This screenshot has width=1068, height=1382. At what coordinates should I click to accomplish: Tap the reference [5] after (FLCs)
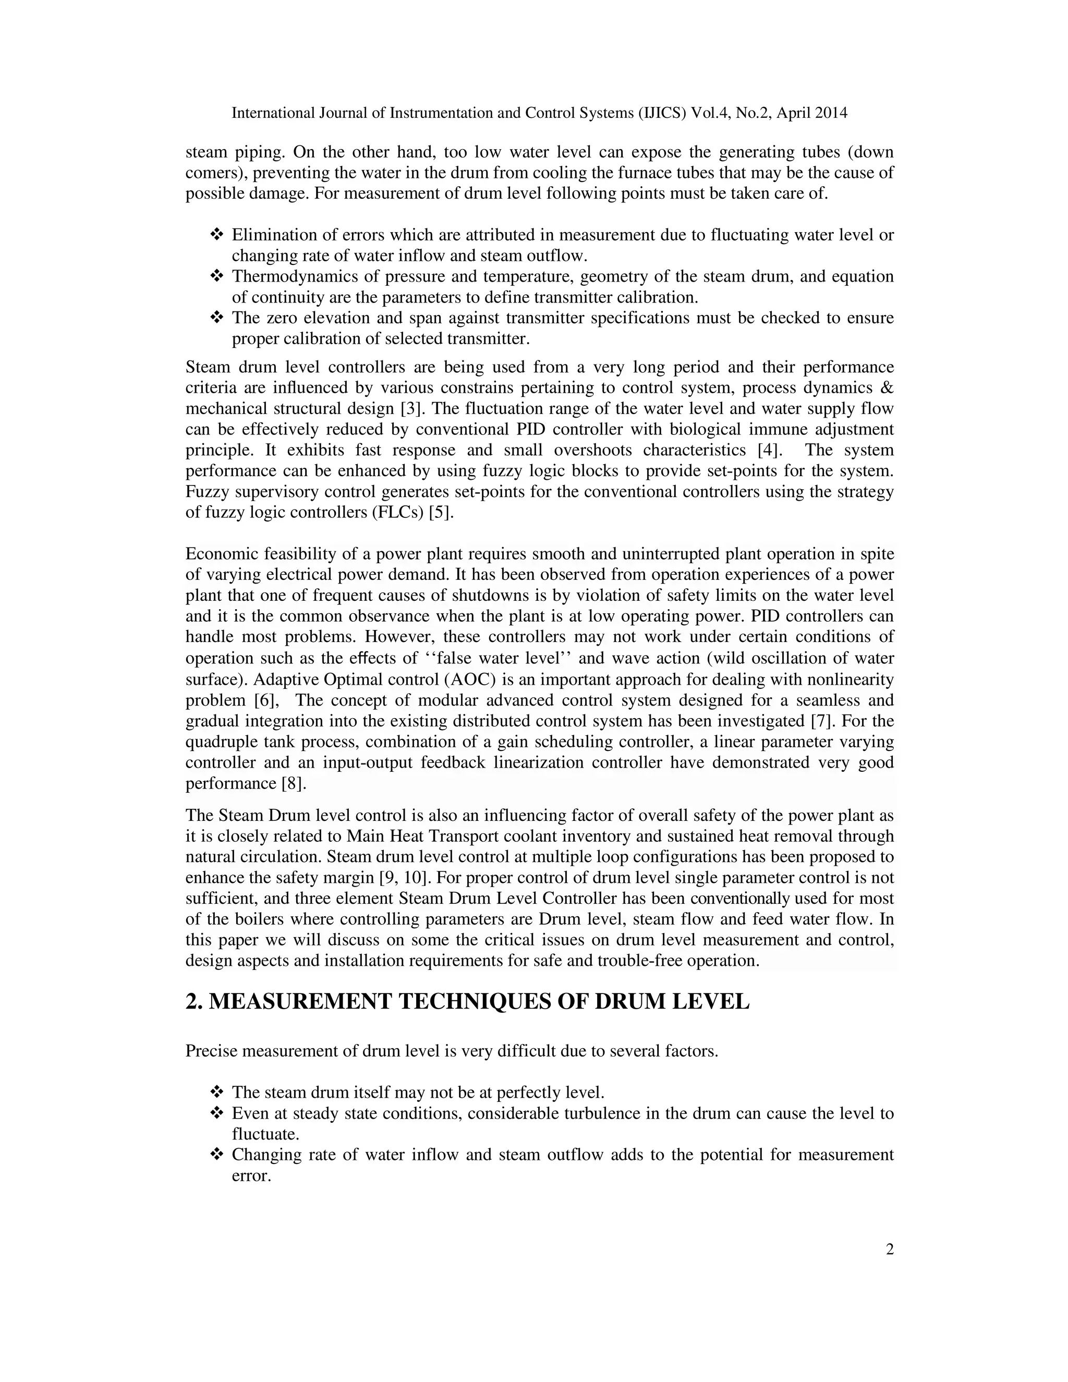(x=442, y=513)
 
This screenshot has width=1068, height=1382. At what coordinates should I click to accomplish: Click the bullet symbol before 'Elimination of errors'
(x=217, y=235)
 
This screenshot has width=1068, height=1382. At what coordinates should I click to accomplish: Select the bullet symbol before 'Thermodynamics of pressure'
(x=217, y=276)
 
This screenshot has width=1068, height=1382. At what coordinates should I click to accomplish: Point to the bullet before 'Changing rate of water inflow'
(x=217, y=1155)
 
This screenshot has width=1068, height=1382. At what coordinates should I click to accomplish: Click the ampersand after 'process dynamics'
(x=887, y=388)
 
